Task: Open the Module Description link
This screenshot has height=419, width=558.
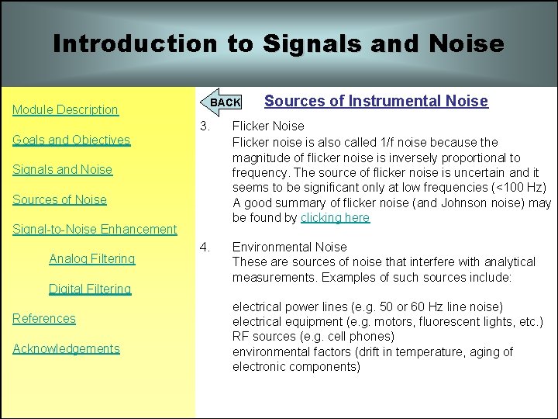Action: tap(65, 110)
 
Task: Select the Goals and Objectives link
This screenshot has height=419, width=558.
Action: tap(71, 140)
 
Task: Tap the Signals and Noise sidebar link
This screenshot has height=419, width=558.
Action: tap(62, 170)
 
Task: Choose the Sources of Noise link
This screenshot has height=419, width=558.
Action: tap(60, 199)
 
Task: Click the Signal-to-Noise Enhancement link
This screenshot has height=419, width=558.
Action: tap(95, 230)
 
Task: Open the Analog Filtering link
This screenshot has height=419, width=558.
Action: tap(91, 259)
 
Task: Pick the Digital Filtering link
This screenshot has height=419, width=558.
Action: tap(90, 289)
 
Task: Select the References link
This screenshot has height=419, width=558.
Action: tap(44, 319)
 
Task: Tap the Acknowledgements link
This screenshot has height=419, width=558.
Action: tap(66, 349)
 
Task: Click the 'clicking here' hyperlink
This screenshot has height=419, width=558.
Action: tap(335, 218)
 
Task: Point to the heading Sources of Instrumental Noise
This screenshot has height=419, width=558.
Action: tap(376, 101)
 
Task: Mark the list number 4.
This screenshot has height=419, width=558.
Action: tap(205, 248)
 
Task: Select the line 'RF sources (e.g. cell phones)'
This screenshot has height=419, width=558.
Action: tap(313, 337)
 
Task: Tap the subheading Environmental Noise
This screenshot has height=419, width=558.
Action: tap(290, 248)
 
